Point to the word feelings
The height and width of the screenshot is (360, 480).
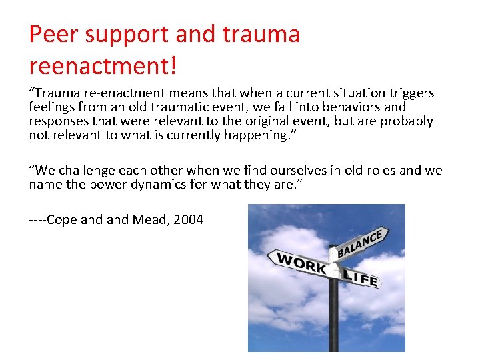pos(53,107)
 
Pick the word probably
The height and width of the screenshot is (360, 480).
pos(407,121)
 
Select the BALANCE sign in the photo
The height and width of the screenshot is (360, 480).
pos(360,245)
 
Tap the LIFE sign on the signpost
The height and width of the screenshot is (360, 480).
pos(360,276)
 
